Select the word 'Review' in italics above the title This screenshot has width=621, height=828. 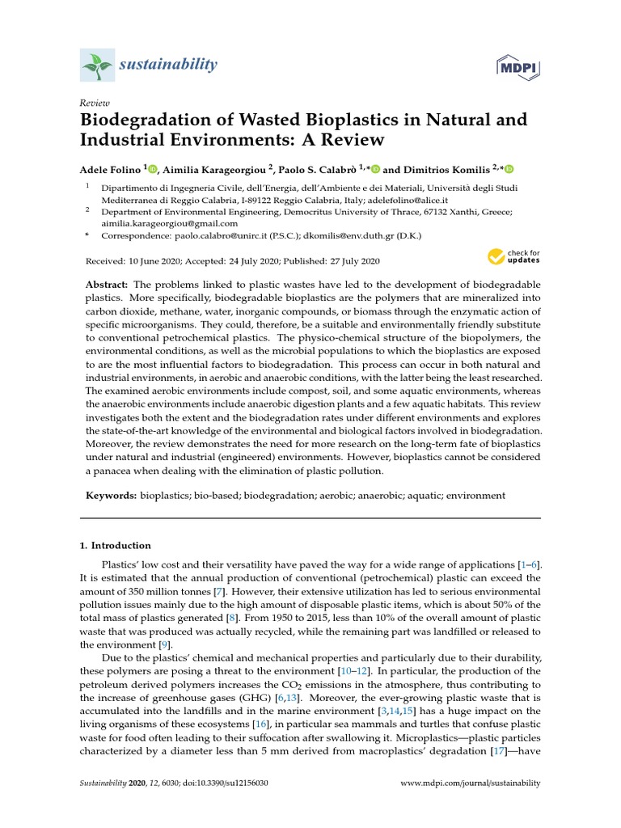pos(95,103)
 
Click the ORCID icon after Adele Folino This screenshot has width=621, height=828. pos(154,167)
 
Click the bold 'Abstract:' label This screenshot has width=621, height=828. pos(107,285)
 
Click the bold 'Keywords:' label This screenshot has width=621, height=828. pos(112,495)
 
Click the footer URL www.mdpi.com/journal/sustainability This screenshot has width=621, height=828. pos(471,784)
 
